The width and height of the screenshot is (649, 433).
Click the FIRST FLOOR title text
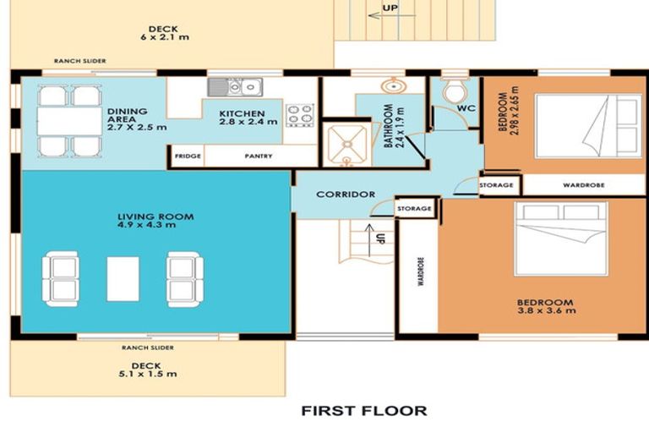[364, 411]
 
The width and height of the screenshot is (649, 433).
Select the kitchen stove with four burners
[300, 115]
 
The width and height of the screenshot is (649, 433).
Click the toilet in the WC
[455, 89]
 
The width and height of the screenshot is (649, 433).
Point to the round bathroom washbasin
[392, 86]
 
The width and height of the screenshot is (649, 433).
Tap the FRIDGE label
[186, 156]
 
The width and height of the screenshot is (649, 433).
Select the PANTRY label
[258, 156]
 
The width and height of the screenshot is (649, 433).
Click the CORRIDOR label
[345, 195]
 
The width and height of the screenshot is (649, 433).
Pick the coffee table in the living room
[123, 278]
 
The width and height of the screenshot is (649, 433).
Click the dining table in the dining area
[69, 121]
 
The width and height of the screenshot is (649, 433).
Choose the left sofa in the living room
[60, 277]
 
